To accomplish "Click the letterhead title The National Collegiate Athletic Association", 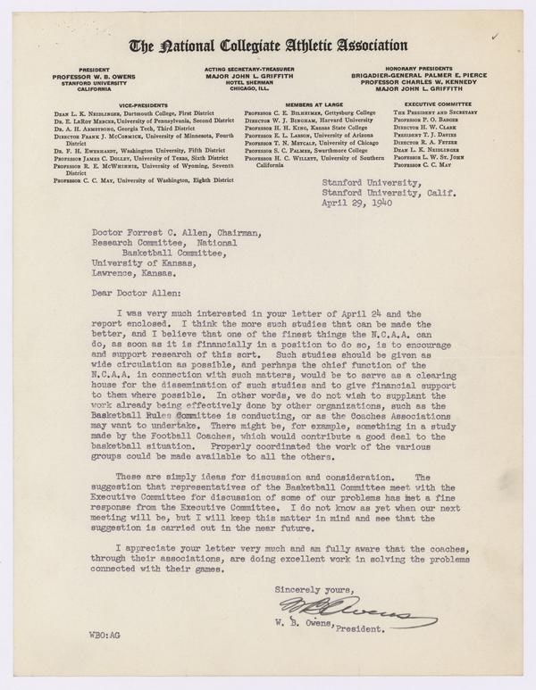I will coord(268,45).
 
